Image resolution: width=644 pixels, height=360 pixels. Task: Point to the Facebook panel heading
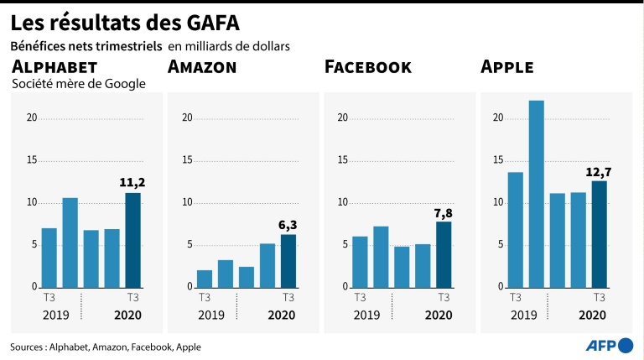point(367,67)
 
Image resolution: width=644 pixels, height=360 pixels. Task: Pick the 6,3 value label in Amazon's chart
point(288,224)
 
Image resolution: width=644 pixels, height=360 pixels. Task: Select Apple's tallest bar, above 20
point(537,194)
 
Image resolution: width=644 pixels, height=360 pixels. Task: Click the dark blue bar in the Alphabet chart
point(132,240)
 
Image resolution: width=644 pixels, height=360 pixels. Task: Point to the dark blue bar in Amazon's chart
point(288,261)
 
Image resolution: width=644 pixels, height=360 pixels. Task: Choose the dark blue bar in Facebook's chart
point(444,254)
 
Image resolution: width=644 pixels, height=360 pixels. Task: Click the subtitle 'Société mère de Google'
point(79,83)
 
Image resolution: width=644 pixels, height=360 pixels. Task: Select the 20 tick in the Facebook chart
point(341,117)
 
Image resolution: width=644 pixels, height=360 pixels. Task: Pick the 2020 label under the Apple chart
point(592,316)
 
